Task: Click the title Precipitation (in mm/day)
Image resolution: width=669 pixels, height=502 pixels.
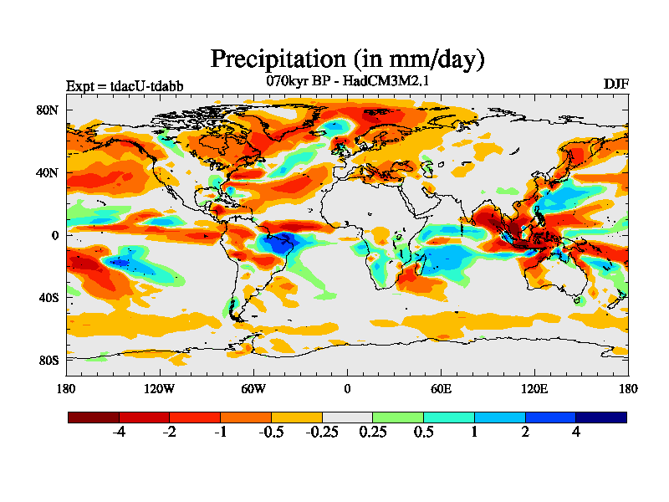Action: click(x=347, y=59)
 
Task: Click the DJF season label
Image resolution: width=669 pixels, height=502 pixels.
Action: click(x=615, y=85)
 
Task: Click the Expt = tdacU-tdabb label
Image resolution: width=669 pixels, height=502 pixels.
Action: click(x=125, y=85)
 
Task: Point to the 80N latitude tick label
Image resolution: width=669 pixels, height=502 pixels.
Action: click(x=47, y=110)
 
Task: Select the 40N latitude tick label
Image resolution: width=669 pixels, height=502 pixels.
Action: click(x=47, y=172)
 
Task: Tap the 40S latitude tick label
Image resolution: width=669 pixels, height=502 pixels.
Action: click(x=47, y=297)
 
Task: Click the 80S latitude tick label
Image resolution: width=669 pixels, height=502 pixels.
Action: click(x=47, y=360)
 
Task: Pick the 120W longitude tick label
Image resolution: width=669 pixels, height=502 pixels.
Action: click(x=159, y=388)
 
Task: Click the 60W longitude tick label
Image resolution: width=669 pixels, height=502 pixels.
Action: click(x=253, y=388)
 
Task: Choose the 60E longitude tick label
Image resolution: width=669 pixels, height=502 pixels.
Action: click(x=441, y=388)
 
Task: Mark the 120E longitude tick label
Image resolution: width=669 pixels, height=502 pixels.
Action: click(x=534, y=388)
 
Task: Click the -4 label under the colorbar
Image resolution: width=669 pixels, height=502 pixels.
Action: click(x=119, y=432)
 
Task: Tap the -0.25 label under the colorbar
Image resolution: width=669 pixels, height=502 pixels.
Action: click(x=322, y=432)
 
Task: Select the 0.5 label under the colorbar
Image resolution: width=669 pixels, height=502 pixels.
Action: click(x=423, y=432)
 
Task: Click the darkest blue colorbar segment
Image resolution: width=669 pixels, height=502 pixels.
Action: click(x=601, y=417)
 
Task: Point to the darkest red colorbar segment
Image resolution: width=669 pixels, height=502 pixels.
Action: click(x=93, y=417)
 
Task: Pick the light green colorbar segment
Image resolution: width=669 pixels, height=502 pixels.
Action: click(x=398, y=417)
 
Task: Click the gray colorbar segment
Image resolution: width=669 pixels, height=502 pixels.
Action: click(x=347, y=417)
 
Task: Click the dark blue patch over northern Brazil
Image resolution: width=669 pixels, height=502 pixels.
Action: click(x=276, y=245)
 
